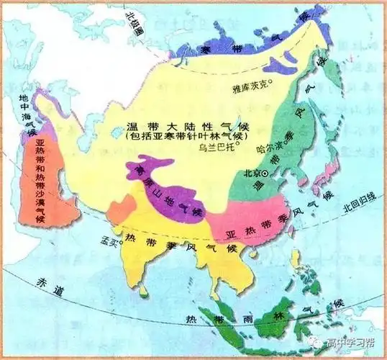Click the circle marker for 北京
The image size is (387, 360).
(265, 174)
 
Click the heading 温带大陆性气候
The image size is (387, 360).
(168, 125)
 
